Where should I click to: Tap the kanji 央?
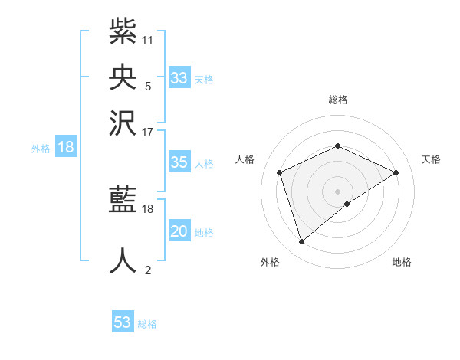tap(123, 76)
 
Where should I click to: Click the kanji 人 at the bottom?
tap(123, 260)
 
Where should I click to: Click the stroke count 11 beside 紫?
tap(148, 40)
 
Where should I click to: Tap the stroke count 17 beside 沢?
tap(148, 132)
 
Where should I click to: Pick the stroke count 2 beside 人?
tap(148, 270)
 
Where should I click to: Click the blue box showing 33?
tap(179, 78)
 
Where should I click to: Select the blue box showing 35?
tap(179, 162)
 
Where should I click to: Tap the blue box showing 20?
tap(179, 231)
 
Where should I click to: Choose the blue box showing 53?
tap(123, 322)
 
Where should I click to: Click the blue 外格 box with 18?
tap(66, 147)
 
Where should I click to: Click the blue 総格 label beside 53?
tap(147, 324)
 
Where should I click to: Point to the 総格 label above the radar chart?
tap(337, 100)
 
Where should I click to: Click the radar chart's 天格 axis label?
tap(432, 159)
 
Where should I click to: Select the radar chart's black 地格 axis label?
tap(402, 263)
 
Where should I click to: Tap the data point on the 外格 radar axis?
tap(302, 242)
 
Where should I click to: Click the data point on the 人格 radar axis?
tap(280, 172)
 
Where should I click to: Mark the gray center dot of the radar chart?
tap(337, 191)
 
